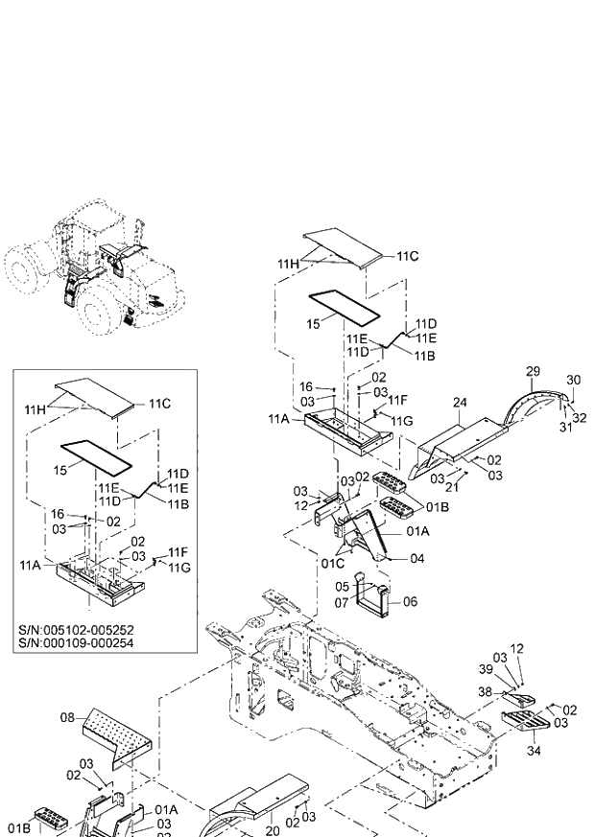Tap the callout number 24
pos(460,404)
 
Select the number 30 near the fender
pos(574,380)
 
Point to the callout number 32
pos(580,417)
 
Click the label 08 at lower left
pos(67,716)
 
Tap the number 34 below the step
pos(534,752)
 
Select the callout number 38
pos(486,690)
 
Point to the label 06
pos(411,602)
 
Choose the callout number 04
pos(417,558)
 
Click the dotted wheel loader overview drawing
pos(91,273)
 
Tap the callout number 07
pos(341,602)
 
